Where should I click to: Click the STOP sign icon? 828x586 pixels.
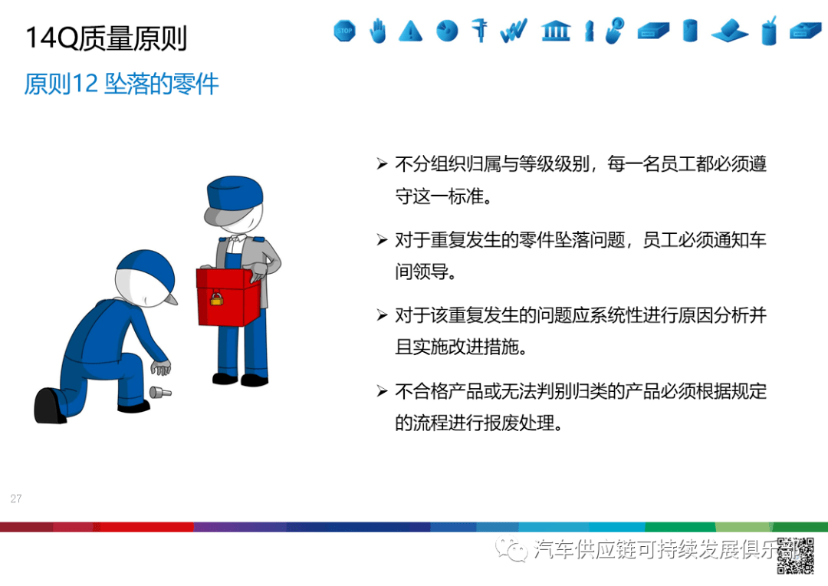pyautogui.click(x=345, y=31)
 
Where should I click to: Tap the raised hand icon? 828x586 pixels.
pyautogui.click(x=378, y=31)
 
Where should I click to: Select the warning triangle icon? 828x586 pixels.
pyautogui.click(x=411, y=31)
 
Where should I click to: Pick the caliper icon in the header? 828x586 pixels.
pyautogui.click(x=481, y=30)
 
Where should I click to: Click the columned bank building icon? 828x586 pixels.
pyautogui.click(x=555, y=31)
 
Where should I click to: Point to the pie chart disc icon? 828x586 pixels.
pyautogui.click(x=447, y=31)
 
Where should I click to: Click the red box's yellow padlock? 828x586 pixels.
pyautogui.click(x=217, y=298)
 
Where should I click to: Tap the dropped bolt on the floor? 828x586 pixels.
pyautogui.click(x=162, y=393)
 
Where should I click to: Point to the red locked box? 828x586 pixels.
pyautogui.click(x=230, y=295)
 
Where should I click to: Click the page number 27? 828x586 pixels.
pyautogui.click(x=16, y=499)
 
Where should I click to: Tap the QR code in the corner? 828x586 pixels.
pyautogui.click(x=795, y=556)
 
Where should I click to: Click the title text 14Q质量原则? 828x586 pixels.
pyautogui.click(x=107, y=38)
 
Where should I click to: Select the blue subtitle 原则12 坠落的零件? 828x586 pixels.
pyautogui.click(x=121, y=84)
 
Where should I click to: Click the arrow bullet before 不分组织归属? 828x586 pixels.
pyautogui.click(x=382, y=164)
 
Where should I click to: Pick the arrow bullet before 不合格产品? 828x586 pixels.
pyautogui.click(x=382, y=392)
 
